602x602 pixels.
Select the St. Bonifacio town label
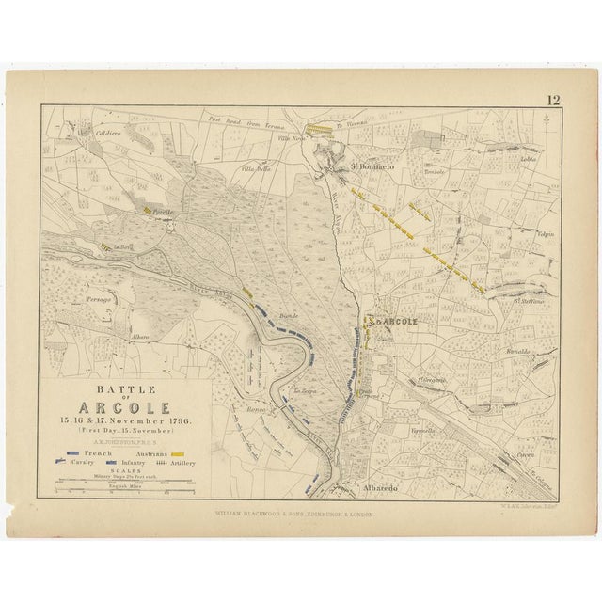click(x=372, y=166)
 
